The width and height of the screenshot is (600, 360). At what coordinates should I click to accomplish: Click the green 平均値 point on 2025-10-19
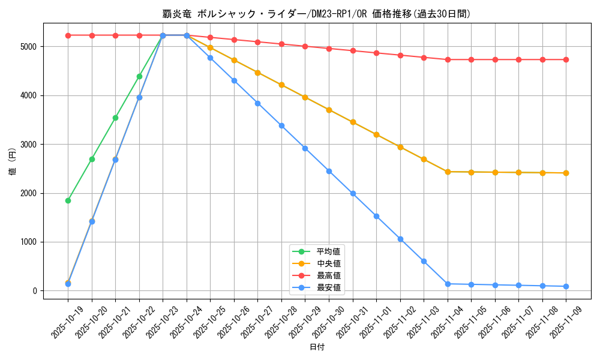pos(68,200)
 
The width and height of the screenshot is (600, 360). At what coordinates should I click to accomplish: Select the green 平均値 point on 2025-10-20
pos(92,159)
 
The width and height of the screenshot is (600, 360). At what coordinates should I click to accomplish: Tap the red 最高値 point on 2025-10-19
pos(68,35)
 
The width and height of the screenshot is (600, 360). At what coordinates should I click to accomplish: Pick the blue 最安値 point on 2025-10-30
pos(329,171)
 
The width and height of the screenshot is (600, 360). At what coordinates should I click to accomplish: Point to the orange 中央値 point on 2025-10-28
pos(281,85)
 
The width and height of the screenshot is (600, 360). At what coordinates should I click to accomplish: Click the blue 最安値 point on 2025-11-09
pos(566,286)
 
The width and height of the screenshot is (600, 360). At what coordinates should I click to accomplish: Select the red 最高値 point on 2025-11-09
pos(566,59)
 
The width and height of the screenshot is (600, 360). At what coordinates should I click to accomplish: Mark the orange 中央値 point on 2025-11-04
pos(448,172)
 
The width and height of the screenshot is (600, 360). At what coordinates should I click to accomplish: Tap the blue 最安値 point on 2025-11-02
pos(400,239)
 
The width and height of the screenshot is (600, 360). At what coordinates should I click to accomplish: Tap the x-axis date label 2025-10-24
pos(178,321)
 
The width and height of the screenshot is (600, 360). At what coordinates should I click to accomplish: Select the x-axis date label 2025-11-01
pos(367,321)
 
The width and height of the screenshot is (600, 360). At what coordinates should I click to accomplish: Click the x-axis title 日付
pos(317,347)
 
